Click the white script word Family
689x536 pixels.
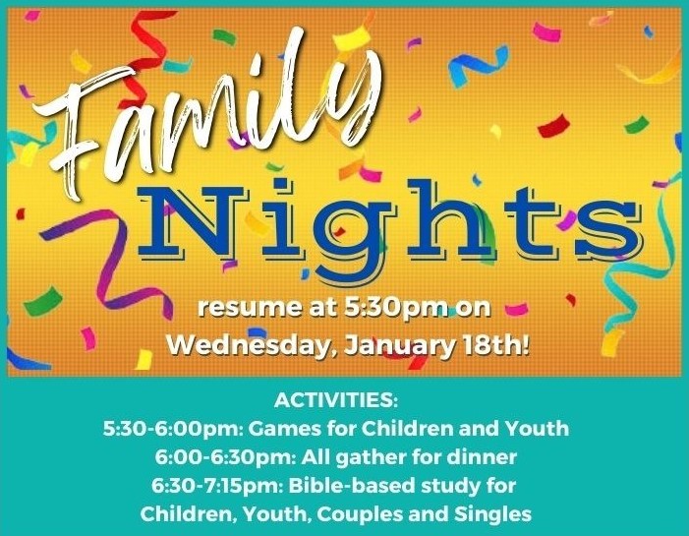click(206, 114)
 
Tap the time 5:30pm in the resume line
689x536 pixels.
click(394, 308)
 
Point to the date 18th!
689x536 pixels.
click(493, 345)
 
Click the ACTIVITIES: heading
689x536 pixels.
click(336, 400)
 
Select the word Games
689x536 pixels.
click(285, 429)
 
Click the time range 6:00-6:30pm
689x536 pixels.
click(225, 457)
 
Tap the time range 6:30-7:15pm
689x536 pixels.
click(218, 486)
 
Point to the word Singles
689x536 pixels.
click(492, 515)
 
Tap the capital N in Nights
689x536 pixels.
click(193, 221)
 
